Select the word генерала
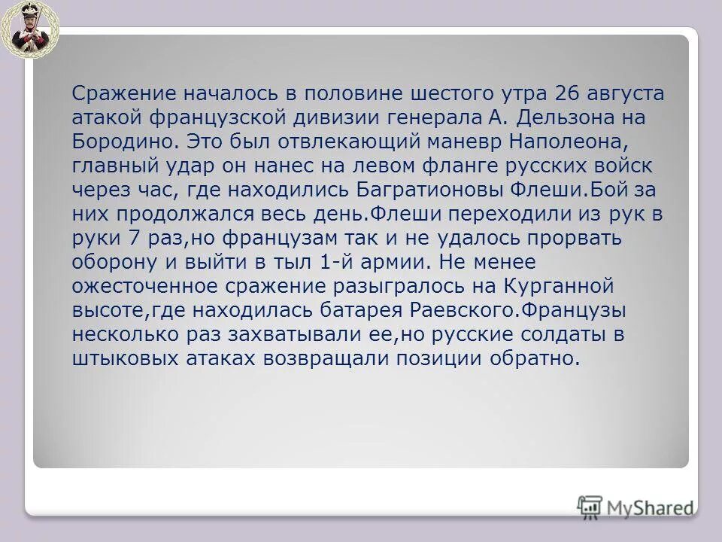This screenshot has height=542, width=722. pos(438,118)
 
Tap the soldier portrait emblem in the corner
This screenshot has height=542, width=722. pos(29,29)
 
